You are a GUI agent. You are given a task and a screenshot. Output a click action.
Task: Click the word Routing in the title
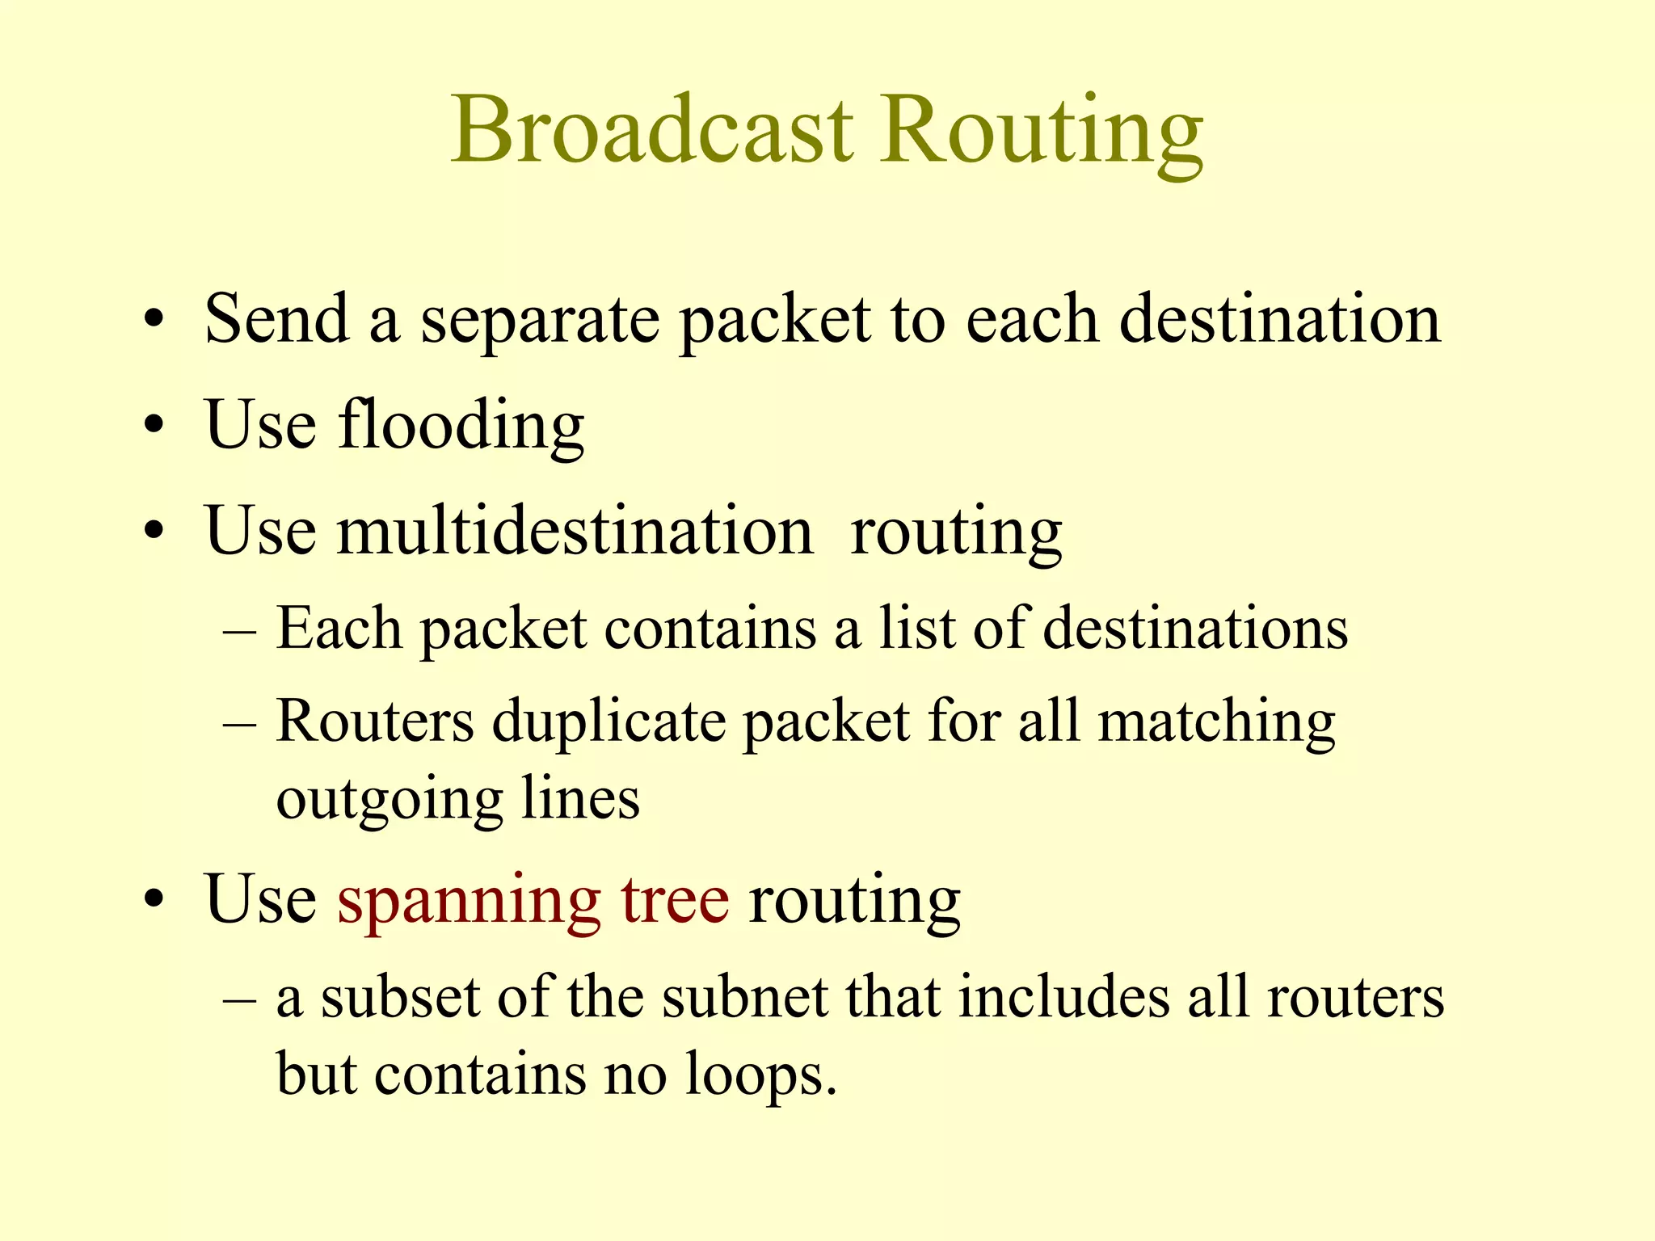click(x=1042, y=133)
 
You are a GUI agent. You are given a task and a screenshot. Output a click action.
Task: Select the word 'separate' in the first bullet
click(x=540, y=322)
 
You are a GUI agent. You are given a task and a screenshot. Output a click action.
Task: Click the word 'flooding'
click(x=461, y=425)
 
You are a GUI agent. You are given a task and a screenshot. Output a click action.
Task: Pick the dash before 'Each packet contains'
click(x=239, y=630)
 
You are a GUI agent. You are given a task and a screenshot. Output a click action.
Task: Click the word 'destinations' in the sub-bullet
click(x=1195, y=629)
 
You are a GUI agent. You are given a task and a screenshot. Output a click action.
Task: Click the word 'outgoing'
click(x=390, y=800)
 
